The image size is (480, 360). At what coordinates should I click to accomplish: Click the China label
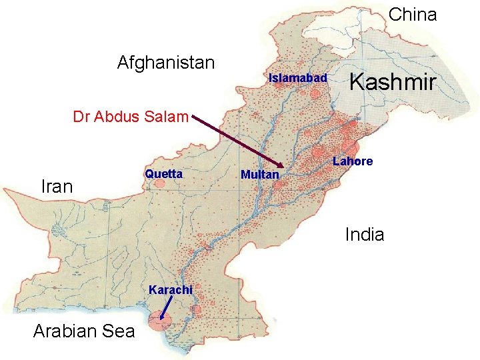pyautogui.click(x=412, y=14)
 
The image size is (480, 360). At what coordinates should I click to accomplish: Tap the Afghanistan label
pyautogui.click(x=166, y=63)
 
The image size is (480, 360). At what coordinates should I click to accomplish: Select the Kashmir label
pyautogui.click(x=393, y=83)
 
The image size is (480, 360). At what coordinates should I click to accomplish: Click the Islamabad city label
pyautogui.click(x=297, y=78)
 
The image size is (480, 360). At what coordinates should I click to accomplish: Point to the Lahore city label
pyautogui.click(x=353, y=161)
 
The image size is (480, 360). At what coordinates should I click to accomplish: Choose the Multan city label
pyautogui.click(x=259, y=175)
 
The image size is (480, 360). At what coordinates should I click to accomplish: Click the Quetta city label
pyautogui.click(x=163, y=174)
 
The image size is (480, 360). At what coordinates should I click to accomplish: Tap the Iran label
pyautogui.click(x=57, y=187)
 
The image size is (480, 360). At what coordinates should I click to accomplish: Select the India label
pyautogui.click(x=364, y=234)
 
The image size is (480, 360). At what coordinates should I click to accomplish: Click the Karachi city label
pyautogui.click(x=171, y=290)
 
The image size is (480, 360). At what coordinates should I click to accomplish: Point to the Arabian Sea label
pyautogui.click(x=83, y=331)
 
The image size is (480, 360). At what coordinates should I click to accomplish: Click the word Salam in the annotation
pyautogui.click(x=167, y=117)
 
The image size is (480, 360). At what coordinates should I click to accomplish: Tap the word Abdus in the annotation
pyautogui.click(x=117, y=117)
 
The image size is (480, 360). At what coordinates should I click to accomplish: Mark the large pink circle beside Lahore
pyautogui.click(x=350, y=148)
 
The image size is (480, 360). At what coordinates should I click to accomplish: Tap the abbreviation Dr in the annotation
pyautogui.click(x=81, y=117)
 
